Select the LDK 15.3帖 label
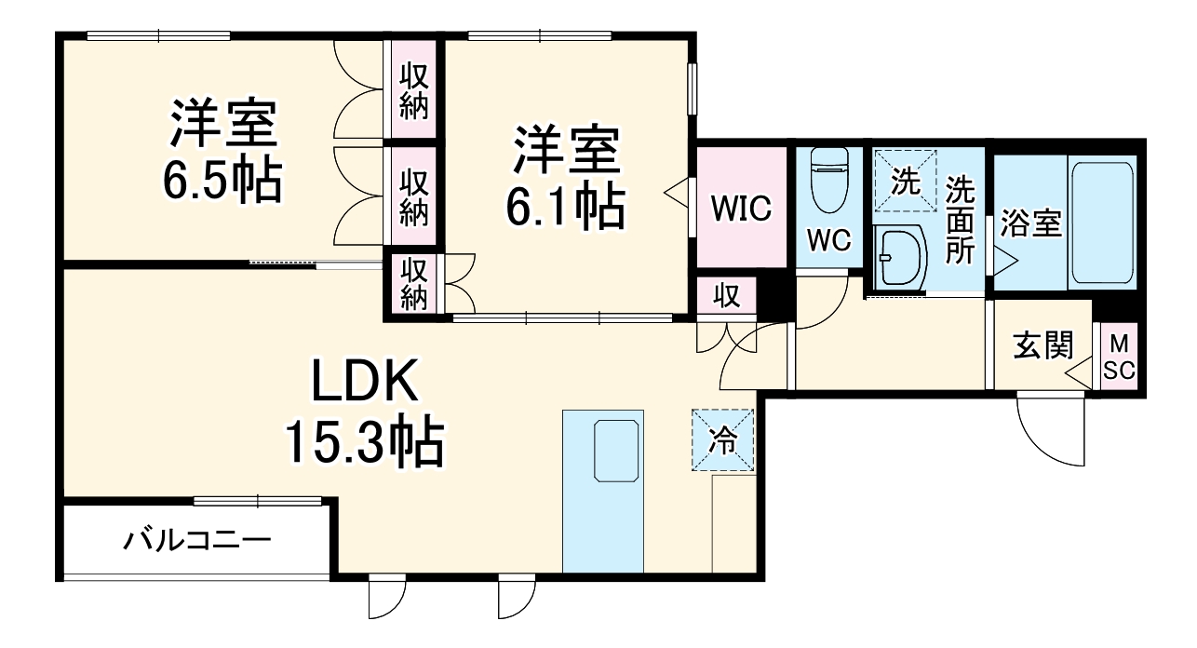(362, 413)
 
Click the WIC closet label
(742, 209)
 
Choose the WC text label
(828, 240)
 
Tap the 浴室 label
(1031, 224)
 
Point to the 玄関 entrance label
(1043, 346)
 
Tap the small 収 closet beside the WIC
(726, 297)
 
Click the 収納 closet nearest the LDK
(413, 283)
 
